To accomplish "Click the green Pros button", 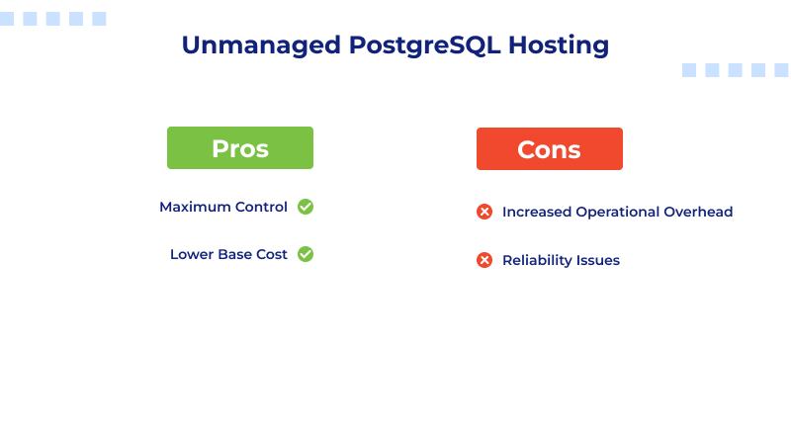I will coord(240,148).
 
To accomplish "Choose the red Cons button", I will coord(549,149).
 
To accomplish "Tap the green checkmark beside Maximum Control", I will coord(306,207).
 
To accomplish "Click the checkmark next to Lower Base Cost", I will coord(306,254).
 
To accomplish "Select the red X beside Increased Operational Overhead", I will coord(484,212).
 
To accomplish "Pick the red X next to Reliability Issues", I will coord(484,260).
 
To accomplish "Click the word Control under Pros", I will coord(261,207).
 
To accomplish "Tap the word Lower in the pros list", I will coord(191,254).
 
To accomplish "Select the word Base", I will coord(235,254).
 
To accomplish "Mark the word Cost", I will coord(273,254).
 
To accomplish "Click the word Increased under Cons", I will coord(535,212).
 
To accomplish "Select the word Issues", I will coord(598,260).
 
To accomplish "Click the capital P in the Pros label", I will coord(220,149).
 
